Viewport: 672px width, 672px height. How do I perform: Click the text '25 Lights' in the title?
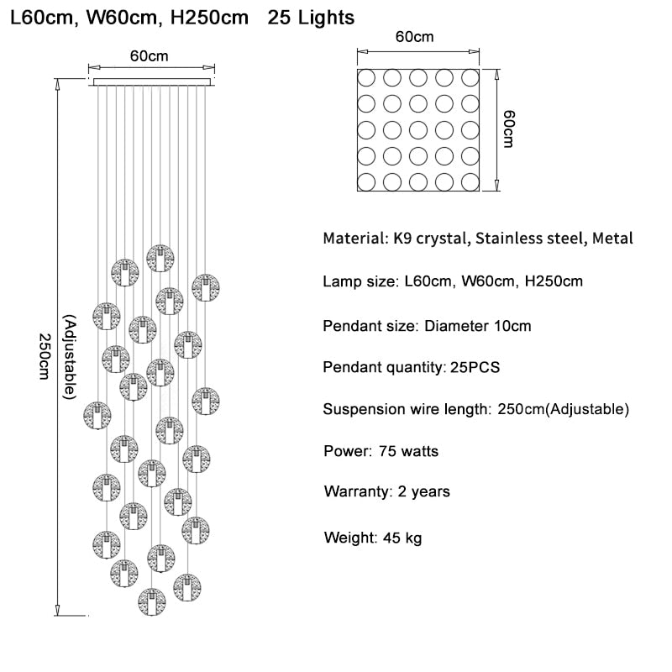[x=311, y=17]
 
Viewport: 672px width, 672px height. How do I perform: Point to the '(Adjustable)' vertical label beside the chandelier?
[x=71, y=354]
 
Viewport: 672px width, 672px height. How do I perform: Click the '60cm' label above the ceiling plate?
[x=149, y=55]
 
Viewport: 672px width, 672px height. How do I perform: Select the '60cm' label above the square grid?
[x=415, y=37]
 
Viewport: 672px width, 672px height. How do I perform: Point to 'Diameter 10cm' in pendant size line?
[x=477, y=325]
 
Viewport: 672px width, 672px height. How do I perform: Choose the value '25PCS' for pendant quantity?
[x=475, y=367]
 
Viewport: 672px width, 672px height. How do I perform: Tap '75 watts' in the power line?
[x=408, y=451]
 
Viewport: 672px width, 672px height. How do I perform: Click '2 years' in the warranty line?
[x=419, y=491]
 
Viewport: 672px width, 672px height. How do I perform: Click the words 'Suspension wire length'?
[x=404, y=410]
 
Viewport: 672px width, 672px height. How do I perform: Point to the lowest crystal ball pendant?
[x=151, y=601]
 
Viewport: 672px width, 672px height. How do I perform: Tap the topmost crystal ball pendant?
[x=160, y=259]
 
